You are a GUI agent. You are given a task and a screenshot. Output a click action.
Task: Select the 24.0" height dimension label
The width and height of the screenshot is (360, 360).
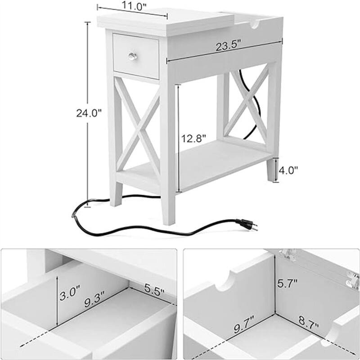(88, 113)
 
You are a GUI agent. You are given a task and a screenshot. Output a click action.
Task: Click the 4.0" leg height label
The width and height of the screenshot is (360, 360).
(288, 171)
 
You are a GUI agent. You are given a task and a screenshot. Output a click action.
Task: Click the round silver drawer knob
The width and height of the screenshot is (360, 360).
(132, 56)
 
